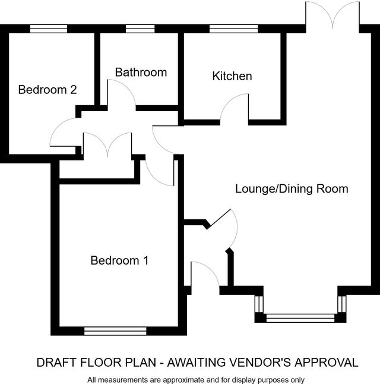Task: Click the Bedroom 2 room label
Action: point(47,90)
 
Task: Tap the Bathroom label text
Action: point(141,73)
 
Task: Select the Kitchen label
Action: point(232,76)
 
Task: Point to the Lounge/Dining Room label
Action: point(292,189)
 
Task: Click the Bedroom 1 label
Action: point(119,260)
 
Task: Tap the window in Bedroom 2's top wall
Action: point(49,29)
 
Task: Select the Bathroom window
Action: point(140,29)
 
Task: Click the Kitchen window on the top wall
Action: point(234,29)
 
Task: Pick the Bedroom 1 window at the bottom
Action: point(115,331)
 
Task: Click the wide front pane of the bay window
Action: point(300,318)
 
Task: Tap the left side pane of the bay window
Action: point(259,304)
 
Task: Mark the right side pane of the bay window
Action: point(342,304)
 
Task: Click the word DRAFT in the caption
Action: point(56,363)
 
